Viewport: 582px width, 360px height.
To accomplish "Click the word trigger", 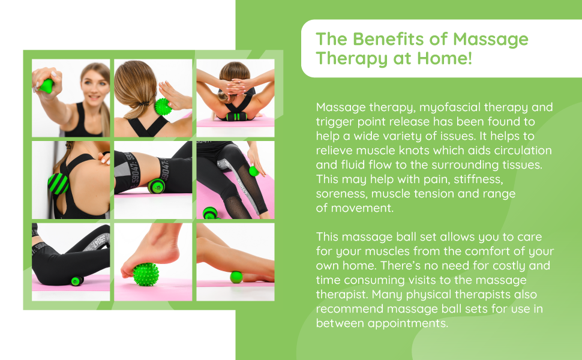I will [x=332, y=122].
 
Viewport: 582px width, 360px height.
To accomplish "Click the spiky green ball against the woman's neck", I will [x=163, y=107].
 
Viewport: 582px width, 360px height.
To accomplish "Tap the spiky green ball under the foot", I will [x=146, y=278].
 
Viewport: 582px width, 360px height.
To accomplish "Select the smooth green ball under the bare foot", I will [x=236, y=277].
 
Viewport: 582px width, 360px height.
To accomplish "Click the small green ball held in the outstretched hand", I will [x=46, y=86].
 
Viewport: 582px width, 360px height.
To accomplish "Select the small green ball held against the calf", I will [x=254, y=171].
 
